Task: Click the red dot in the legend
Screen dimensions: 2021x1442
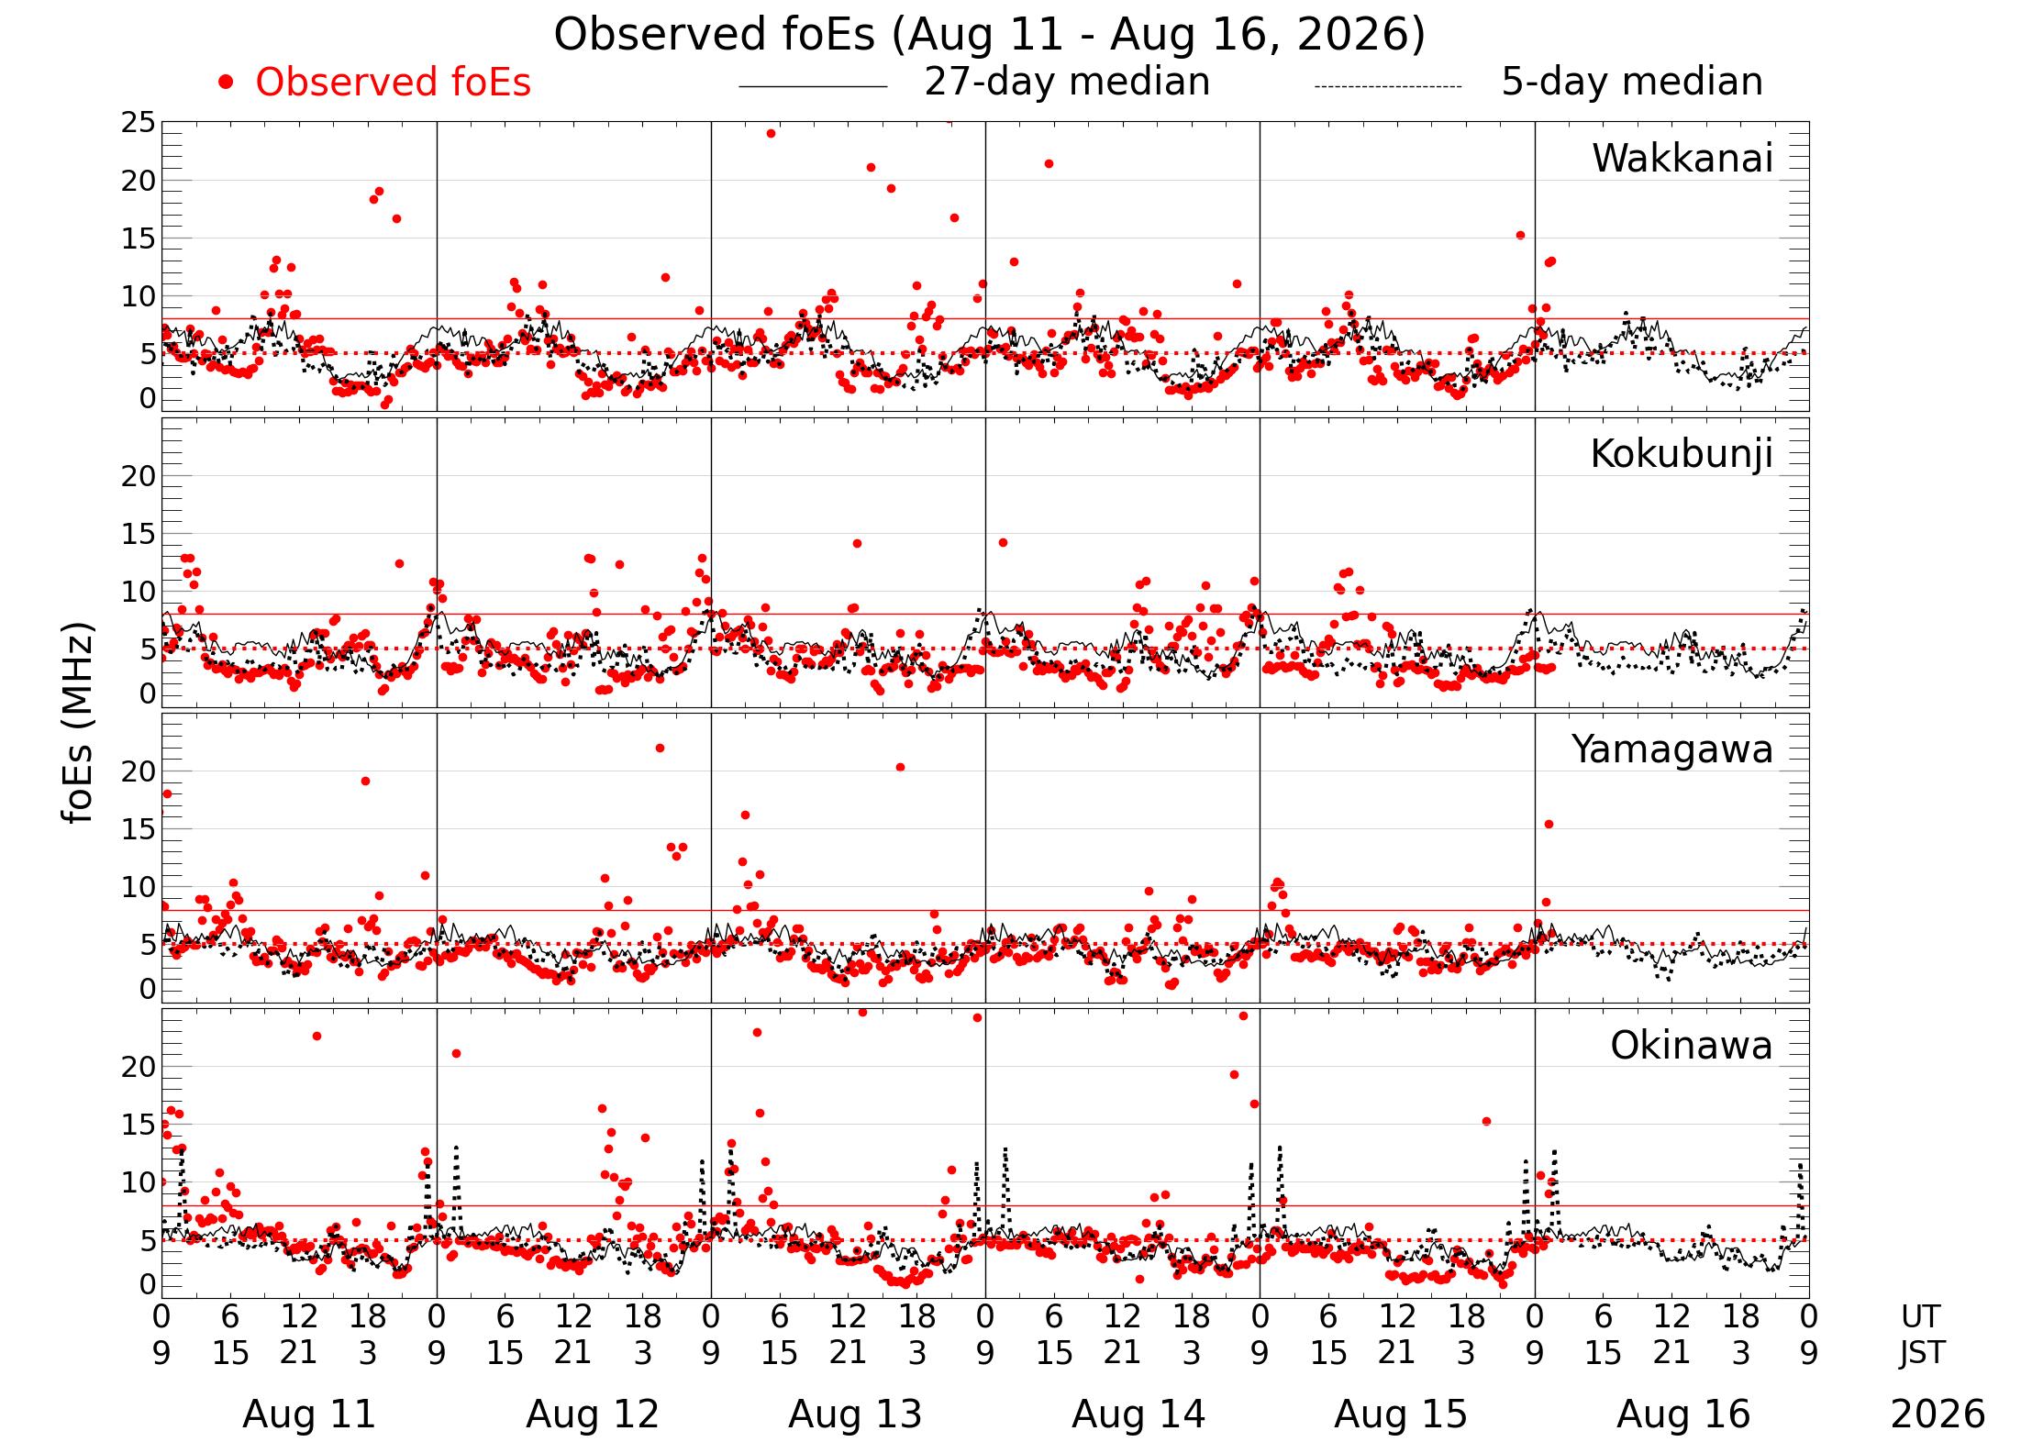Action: pos(226,83)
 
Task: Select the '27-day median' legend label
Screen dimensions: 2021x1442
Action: pos(1067,82)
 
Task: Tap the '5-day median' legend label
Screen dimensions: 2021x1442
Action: pos(1632,82)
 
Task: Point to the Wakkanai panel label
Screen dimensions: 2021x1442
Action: pos(1682,159)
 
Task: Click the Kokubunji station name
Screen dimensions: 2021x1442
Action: pos(1682,454)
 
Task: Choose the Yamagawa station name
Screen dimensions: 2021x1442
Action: pos(1672,750)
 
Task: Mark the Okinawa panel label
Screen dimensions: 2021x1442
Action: pos(1692,1046)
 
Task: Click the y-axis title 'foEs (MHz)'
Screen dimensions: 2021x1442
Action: pos(78,723)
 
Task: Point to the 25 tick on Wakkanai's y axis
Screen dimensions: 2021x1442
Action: pos(139,123)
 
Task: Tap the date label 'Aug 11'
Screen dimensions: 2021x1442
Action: pos(309,1414)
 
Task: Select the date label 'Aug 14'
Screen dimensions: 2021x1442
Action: pos(1138,1414)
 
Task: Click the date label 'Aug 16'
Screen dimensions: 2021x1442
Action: pos(1683,1414)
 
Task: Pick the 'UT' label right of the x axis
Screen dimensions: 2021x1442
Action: pos(1920,1316)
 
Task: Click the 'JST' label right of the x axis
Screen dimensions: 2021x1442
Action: pos(1921,1352)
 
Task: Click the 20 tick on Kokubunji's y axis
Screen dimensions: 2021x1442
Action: pos(139,476)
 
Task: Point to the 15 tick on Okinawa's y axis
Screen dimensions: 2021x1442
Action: pos(139,1125)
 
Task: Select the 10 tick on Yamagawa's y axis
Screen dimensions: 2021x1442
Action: pos(139,887)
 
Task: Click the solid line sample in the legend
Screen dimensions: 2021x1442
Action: pos(813,87)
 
